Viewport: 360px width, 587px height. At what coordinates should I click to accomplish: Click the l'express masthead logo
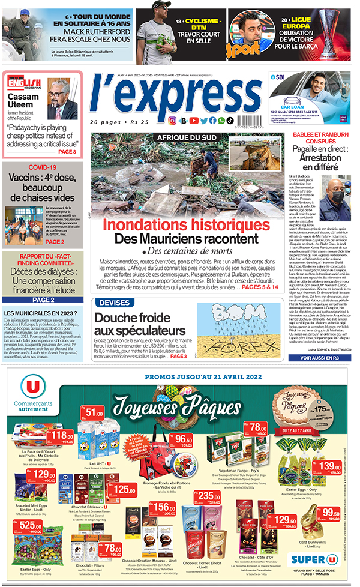click(175, 95)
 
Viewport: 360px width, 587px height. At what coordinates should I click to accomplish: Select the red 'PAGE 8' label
click(67, 152)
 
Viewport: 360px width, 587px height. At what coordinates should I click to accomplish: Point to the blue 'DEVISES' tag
click(114, 302)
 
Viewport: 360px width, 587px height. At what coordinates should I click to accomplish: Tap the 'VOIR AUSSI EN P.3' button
click(316, 357)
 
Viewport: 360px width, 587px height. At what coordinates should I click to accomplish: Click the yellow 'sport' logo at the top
click(242, 45)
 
